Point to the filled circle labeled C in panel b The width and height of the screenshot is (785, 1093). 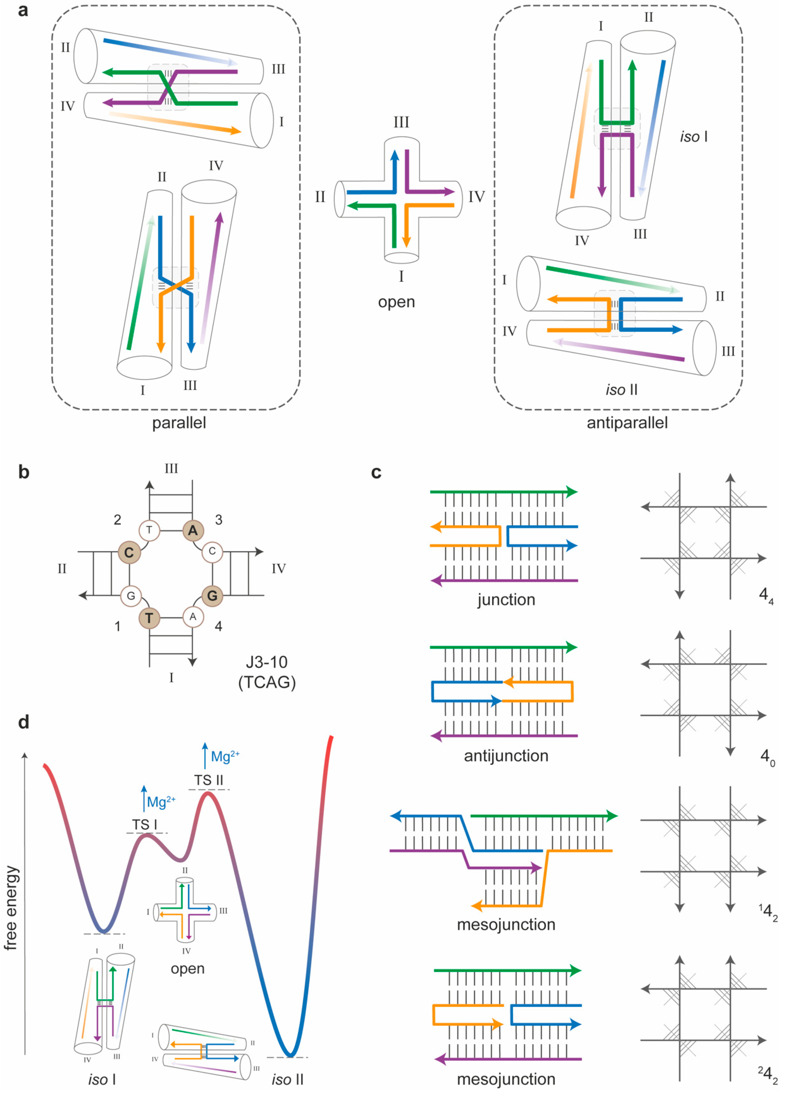click(x=129, y=552)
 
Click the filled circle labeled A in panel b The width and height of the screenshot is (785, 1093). click(x=193, y=530)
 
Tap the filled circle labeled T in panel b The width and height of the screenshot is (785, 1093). click(x=149, y=618)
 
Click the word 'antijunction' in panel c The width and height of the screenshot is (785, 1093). click(x=506, y=756)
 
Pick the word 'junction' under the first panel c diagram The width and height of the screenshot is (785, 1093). click(x=506, y=599)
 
